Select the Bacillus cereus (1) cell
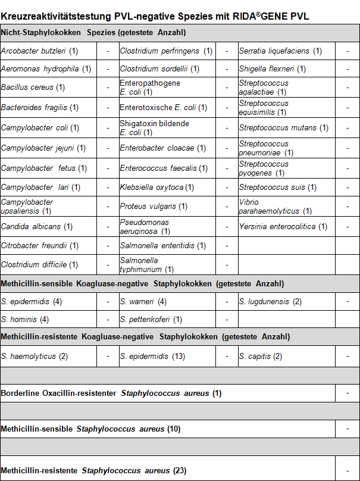[33, 88]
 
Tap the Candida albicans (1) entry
[37, 227]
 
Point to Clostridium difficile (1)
[39, 265]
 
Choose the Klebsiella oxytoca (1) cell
[157, 188]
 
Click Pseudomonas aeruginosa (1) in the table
[145, 227]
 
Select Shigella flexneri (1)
[273, 69]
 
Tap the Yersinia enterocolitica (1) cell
[283, 227]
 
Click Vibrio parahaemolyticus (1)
[276, 207]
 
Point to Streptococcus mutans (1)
[284, 127]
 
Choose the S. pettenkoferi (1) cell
[151, 320]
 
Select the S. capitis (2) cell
[261, 357]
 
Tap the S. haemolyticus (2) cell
[35, 357]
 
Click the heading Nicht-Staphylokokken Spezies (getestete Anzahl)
[93, 32]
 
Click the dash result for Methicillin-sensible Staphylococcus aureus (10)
[348, 429]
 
